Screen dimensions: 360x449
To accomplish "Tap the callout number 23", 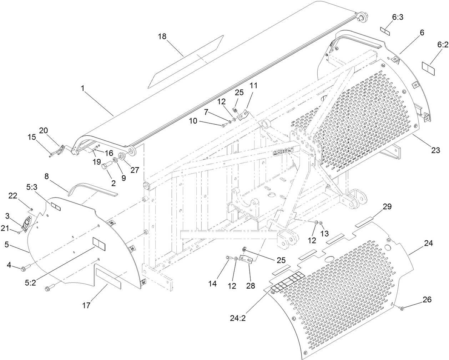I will [435, 150].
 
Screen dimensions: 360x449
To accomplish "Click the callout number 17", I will [86, 305].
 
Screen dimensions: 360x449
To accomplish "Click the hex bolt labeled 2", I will [106, 166].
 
